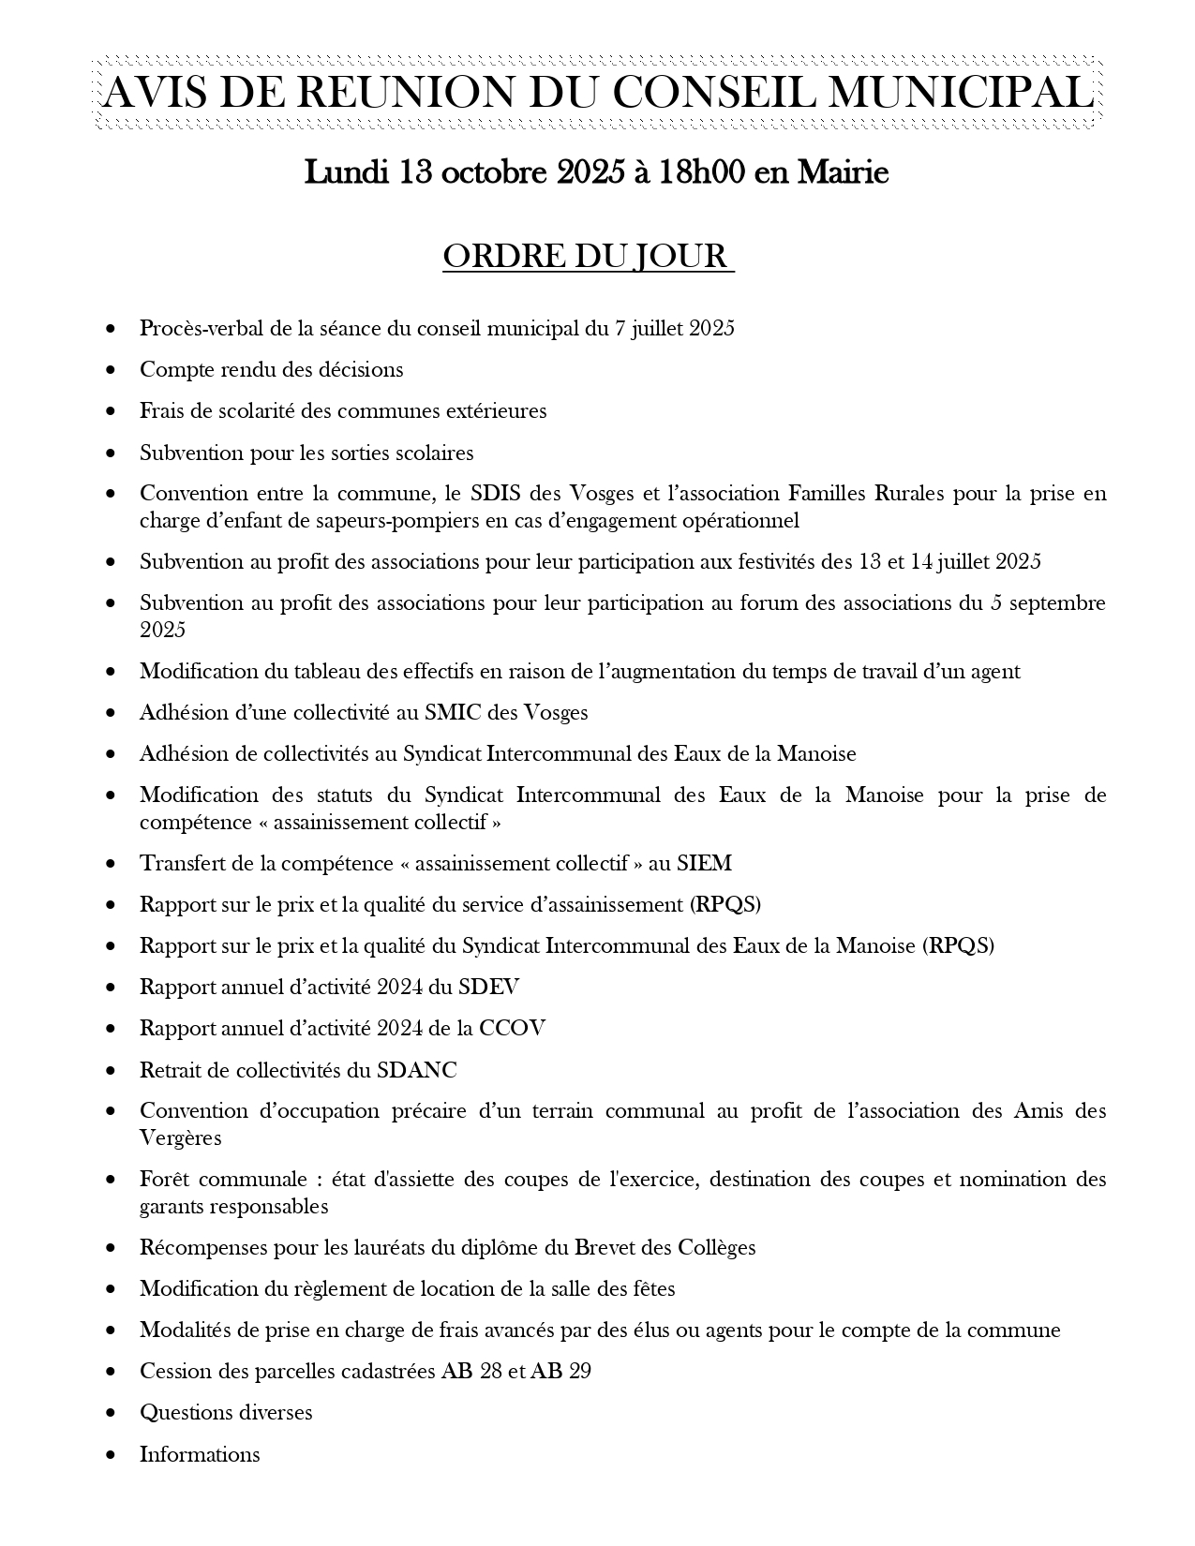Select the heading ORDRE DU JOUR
point(587,257)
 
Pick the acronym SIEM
point(704,864)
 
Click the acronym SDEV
point(488,988)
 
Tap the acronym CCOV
point(512,1029)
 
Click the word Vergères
point(181,1138)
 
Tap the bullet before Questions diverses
point(112,1413)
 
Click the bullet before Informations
point(112,1455)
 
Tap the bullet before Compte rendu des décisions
point(112,370)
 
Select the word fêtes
point(650,1289)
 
